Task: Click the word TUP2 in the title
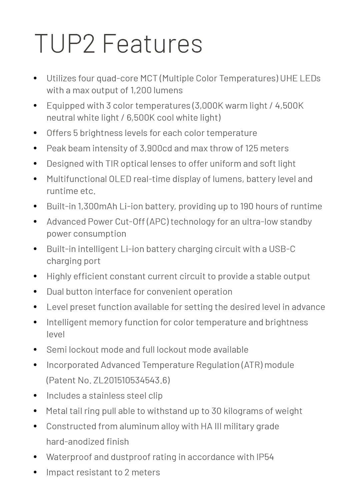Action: [65, 43]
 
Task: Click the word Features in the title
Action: [152, 43]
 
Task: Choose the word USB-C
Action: [282, 249]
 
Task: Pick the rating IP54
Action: [265, 457]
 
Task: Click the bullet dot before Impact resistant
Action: [35, 472]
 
